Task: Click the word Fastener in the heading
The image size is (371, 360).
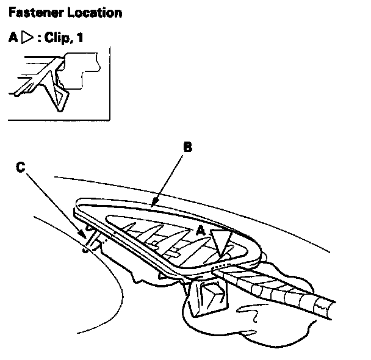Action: [31, 12]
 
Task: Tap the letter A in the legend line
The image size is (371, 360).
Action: [13, 38]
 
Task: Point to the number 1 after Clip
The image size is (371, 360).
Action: [80, 38]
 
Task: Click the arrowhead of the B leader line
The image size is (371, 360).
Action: [154, 203]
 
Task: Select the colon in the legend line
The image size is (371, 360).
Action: [40, 38]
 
